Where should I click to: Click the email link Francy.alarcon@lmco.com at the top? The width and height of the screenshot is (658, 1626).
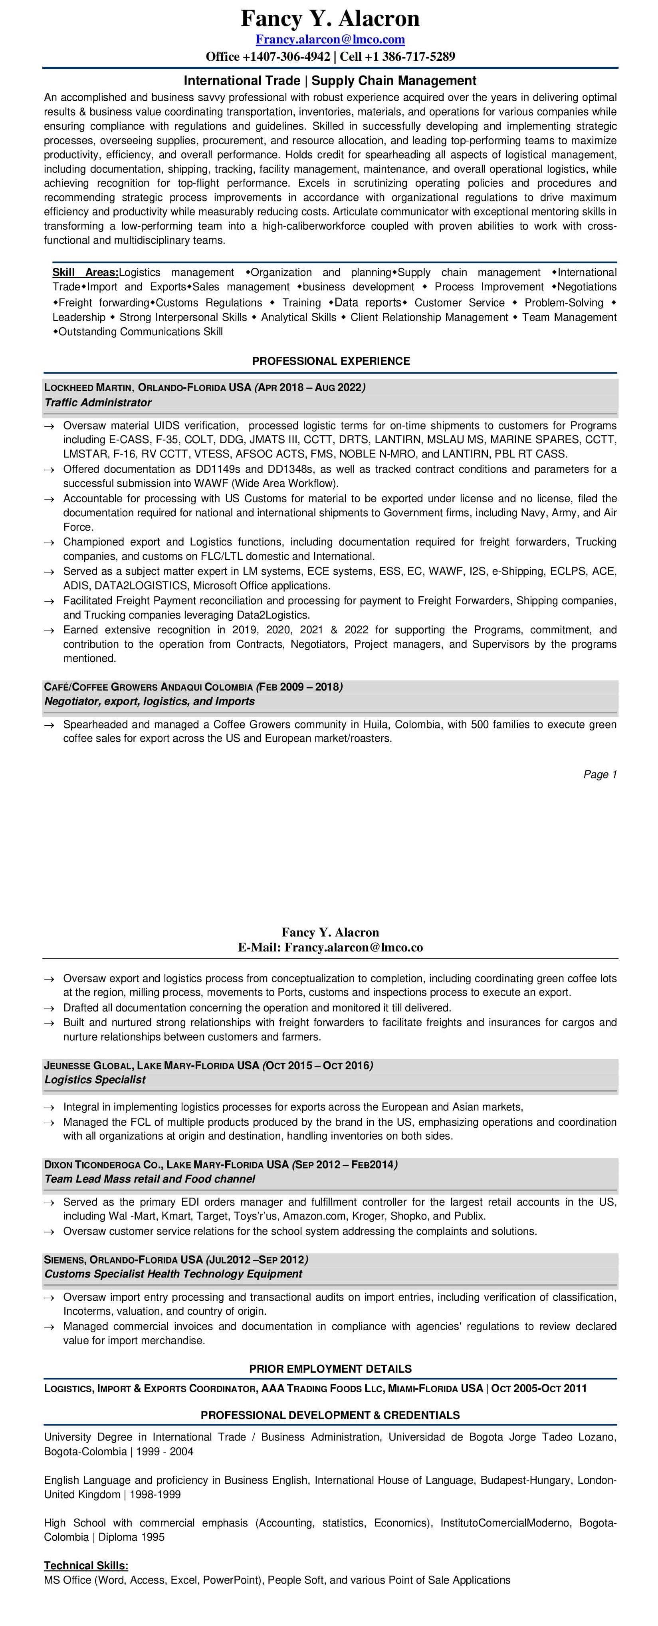(x=330, y=39)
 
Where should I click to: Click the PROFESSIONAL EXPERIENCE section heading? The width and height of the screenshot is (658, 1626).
(x=331, y=361)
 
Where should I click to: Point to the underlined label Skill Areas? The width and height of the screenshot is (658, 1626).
(x=85, y=273)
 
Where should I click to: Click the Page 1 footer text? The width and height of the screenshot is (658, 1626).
(x=599, y=774)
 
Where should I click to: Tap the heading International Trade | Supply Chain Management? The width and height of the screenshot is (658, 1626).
(x=330, y=81)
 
